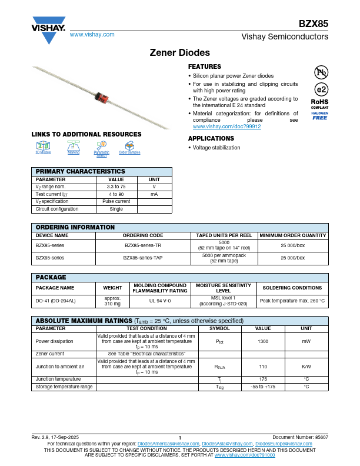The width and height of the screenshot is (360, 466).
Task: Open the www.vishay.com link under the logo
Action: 92,35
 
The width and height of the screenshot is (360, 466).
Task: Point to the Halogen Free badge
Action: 319,115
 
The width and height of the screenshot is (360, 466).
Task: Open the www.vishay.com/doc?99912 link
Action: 226,127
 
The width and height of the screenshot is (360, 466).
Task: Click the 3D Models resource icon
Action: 43,147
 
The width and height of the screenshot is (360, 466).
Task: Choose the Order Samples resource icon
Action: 129,147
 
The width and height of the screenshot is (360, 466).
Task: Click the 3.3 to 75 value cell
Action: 116,186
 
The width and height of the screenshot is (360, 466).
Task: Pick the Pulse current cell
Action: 116,201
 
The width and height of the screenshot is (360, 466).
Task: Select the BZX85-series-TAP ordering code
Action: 143,258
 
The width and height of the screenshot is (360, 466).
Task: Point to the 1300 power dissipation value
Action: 263,341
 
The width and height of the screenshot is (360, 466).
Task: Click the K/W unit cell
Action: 306,365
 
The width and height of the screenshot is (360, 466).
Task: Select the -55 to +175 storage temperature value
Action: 263,387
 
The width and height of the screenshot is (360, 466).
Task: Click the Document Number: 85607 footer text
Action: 300,438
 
